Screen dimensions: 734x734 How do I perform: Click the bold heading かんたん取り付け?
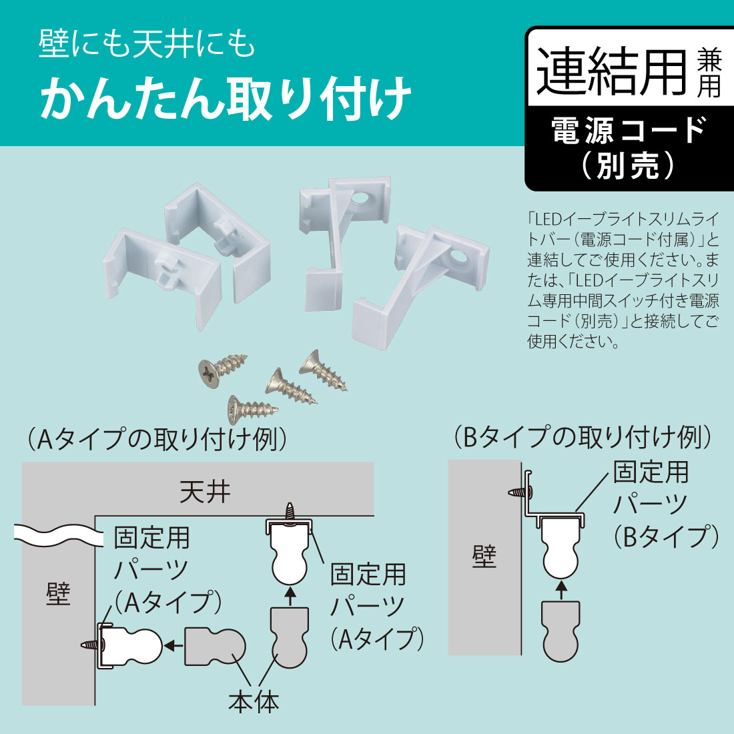click(x=226, y=99)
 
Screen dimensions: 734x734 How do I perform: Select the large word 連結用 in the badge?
click(x=611, y=72)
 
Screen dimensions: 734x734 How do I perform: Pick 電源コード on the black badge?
click(x=629, y=129)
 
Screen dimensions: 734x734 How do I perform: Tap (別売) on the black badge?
click(x=629, y=165)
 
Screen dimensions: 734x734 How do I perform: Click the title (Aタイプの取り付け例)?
click(x=157, y=439)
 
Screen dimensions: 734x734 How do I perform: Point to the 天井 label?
click(x=205, y=492)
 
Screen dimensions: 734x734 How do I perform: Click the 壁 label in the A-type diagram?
click(x=58, y=593)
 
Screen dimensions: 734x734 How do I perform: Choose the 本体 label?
click(x=254, y=701)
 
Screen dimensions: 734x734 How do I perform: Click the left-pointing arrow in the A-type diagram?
click(x=173, y=645)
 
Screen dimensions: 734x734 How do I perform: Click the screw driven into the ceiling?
click(x=290, y=512)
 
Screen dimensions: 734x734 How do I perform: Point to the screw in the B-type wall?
click(x=519, y=492)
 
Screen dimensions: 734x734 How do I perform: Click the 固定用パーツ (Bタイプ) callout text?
click(x=665, y=504)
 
